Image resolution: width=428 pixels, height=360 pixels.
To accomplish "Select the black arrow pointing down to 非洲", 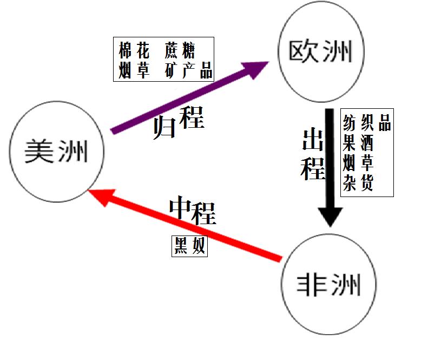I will coord(330,162).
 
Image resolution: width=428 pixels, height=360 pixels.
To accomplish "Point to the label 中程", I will coord(192,211).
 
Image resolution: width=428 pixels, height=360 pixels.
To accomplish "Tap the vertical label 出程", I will coord(313,154).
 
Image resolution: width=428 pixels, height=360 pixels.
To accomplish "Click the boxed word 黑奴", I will coord(189,246).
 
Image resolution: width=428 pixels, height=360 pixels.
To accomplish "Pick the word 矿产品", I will coord(189,71).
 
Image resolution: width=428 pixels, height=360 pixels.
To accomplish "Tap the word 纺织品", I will coord(366,123).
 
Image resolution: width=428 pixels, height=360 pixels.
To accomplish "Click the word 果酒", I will coord(358,143).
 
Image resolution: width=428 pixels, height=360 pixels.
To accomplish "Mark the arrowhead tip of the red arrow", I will coord(90,191).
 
